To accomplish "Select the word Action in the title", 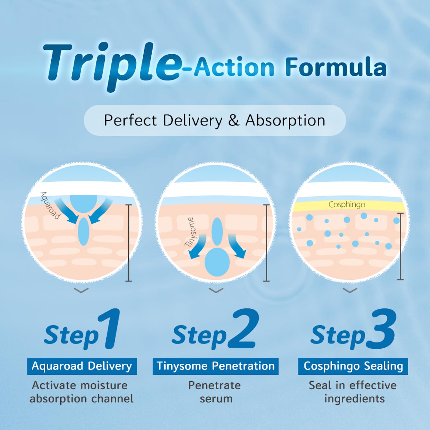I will [234, 67].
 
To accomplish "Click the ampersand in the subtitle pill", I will [234, 120].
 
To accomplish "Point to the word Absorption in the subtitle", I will [285, 120].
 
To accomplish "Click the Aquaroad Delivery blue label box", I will [82, 366].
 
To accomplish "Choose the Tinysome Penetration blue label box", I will [215, 366].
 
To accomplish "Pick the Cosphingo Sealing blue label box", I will [353, 366].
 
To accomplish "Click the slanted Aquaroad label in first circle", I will [50, 205].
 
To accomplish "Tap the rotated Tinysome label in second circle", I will [191, 232].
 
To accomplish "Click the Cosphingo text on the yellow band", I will [347, 205].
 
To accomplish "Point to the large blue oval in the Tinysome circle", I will [217, 262].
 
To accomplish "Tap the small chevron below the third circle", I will [350, 290].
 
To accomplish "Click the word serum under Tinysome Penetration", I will [216, 399].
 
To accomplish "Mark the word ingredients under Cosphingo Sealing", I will [355, 399].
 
